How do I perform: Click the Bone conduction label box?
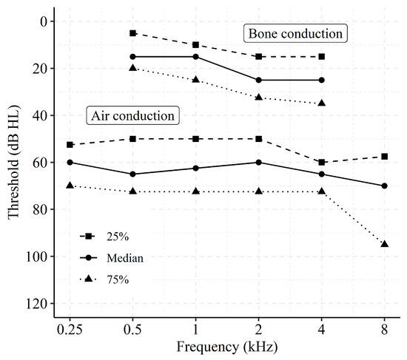coord(296,34)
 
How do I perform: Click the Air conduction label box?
coord(132,116)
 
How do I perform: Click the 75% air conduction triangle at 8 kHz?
coord(385,244)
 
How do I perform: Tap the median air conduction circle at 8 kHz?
coord(385,186)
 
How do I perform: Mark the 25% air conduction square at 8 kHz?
coord(385,156)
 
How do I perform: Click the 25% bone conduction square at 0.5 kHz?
coord(133,33)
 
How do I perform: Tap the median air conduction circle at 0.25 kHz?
coord(70,162)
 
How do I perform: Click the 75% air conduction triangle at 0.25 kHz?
coord(70,185)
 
